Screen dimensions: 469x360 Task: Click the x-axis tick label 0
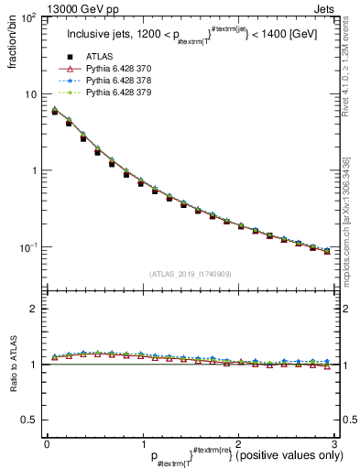(x=47, y=443)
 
